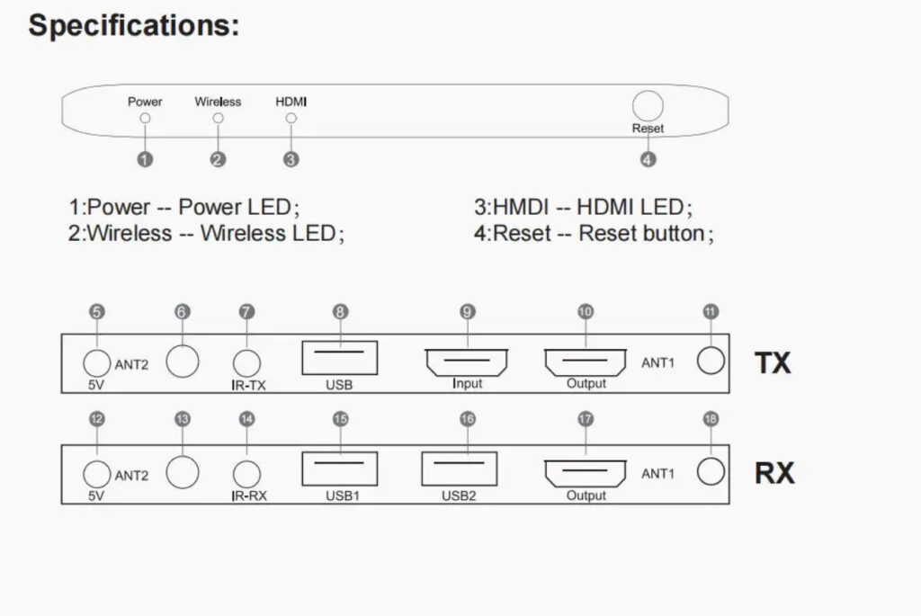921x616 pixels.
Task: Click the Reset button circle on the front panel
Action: pos(648,106)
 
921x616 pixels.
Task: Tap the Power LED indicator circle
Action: pos(145,118)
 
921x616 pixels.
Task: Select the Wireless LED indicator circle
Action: pos(218,118)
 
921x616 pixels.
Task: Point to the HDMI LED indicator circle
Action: pos(291,118)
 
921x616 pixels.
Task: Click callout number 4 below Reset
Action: pos(648,159)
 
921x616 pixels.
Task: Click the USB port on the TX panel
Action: pos(339,357)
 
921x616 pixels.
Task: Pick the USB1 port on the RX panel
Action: pos(339,469)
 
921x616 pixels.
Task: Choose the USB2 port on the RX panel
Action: pos(460,469)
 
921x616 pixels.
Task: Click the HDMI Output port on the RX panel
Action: pos(586,473)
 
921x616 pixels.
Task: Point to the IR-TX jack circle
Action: pos(247,362)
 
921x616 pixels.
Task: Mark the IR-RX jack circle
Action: pos(247,473)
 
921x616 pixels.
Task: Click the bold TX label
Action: pos(773,362)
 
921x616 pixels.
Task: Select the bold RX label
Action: pos(774,473)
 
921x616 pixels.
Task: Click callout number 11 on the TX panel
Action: pos(711,313)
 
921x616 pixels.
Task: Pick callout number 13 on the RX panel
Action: pos(183,420)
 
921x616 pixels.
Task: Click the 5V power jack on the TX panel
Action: pos(96,362)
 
